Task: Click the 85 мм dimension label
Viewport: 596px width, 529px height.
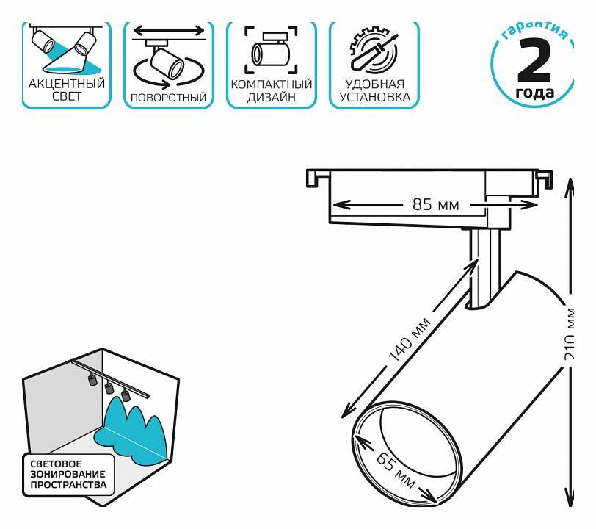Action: click(x=435, y=205)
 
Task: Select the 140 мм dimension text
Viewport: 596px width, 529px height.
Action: click(x=410, y=346)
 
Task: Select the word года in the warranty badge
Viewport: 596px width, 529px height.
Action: click(x=535, y=93)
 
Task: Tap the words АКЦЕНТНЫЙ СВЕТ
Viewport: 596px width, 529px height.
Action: click(x=66, y=90)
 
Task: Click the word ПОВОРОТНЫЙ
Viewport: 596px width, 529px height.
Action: click(x=168, y=97)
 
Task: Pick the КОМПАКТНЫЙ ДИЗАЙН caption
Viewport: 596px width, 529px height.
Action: click(x=272, y=90)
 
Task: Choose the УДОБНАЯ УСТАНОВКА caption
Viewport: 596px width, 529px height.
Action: click(x=374, y=90)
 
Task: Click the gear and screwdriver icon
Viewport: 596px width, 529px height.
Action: click(x=374, y=48)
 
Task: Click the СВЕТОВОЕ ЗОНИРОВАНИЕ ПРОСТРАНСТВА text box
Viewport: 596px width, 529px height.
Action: click(x=68, y=474)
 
